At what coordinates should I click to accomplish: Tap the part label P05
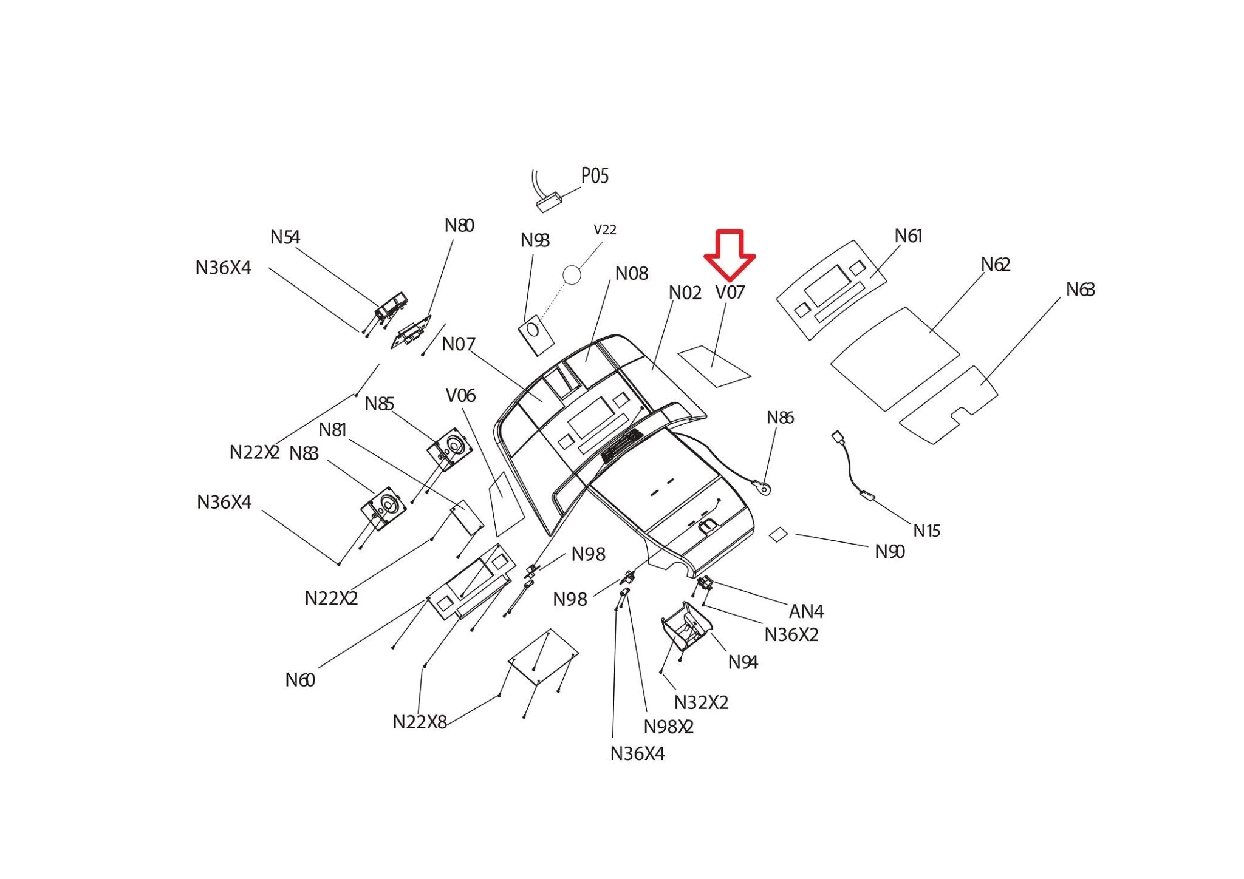(595, 176)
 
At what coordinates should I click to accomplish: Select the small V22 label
(605, 230)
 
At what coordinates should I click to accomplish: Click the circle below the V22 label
(572, 275)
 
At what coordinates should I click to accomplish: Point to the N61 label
(908, 236)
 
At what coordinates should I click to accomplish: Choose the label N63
(1080, 290)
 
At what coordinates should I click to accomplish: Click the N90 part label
(890, 552)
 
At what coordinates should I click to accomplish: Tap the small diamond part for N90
(779, 534)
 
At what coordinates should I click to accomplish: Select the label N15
(927, 531)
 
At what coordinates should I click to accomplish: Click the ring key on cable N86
(763, 487)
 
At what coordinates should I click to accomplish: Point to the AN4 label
(806, 611)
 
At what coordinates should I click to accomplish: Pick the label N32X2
(701, 703)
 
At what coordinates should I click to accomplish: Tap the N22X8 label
(420, 722)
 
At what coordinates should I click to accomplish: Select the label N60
(300, 680)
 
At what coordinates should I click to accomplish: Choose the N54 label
(285, 237)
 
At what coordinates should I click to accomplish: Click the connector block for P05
(549, 202)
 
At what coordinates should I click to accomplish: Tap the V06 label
(460, 396)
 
